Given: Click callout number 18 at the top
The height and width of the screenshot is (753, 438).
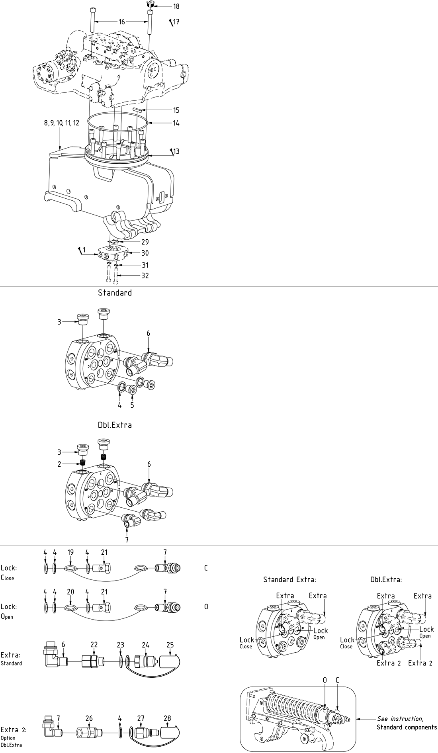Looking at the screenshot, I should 176,6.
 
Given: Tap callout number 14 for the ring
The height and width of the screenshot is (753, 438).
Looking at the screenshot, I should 176,123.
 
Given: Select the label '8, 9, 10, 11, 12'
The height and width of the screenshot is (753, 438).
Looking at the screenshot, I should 62,123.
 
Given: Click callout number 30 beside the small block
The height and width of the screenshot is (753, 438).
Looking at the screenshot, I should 145,253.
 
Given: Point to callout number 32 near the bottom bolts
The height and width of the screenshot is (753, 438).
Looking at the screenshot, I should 145,275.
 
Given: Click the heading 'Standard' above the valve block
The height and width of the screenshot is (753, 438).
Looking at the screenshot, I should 115,293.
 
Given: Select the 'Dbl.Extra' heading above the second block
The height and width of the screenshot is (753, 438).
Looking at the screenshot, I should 115,425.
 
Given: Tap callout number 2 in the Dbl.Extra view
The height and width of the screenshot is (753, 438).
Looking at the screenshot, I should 60,464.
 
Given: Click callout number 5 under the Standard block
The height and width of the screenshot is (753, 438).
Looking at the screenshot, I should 132,405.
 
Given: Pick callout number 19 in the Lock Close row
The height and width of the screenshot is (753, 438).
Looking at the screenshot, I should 70,552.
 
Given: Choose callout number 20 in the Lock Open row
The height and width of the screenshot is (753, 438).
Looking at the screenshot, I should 70,592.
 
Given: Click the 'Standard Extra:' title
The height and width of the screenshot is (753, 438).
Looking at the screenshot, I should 289,579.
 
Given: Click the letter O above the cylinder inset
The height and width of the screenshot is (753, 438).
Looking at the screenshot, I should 325,680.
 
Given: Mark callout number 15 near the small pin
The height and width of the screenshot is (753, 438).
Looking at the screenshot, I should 176,110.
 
